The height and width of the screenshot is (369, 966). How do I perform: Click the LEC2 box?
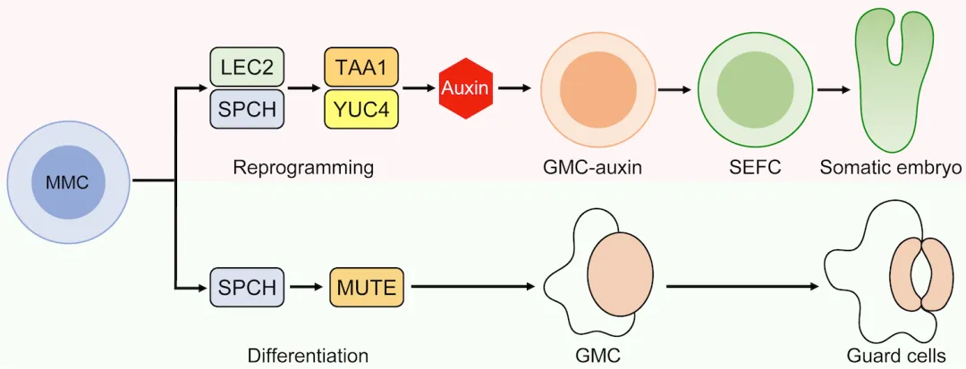tap(246, 68)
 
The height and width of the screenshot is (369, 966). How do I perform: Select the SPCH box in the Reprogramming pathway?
tap(246, 110)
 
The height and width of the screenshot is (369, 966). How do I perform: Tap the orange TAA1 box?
tap(360, 68)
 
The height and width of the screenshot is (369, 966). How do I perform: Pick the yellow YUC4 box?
tap(360, 110)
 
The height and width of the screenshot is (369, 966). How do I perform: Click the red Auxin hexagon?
tap(465, 89)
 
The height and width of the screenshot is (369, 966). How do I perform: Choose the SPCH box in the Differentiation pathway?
tap(246, 288)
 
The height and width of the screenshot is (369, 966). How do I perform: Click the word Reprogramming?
tap(303, 167)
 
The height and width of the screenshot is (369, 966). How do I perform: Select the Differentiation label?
tap(308, 356)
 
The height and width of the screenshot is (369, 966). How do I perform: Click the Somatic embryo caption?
tap(891, 167)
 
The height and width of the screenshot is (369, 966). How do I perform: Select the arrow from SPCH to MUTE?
tap(306, 288)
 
